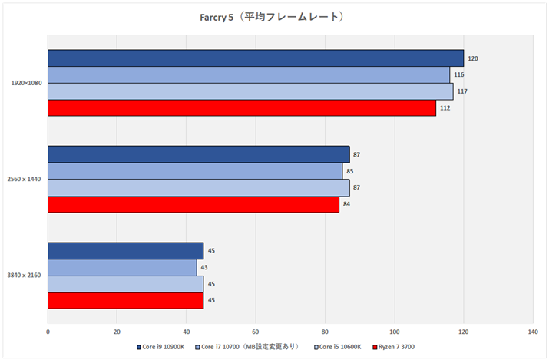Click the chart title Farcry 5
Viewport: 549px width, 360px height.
(274, 16)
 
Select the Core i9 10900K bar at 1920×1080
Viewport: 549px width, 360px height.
(256, 58)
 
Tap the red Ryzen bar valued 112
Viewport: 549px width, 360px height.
(242, 108)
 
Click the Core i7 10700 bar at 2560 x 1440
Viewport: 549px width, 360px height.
(195, 171)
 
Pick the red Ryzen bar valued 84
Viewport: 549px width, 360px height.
(193, 205)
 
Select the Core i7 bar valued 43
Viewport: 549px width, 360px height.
(122, 267)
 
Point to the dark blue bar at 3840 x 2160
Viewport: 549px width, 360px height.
(125, 251)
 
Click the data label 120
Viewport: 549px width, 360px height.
(474, 58)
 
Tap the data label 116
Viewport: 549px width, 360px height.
(460, 75)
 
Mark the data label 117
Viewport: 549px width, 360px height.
(463, 92)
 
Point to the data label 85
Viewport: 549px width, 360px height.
(351, 171)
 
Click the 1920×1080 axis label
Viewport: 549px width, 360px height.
(27, 83)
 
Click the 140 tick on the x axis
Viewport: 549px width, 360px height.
(532, 332)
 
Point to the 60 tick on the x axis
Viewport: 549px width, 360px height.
(255, 332)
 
